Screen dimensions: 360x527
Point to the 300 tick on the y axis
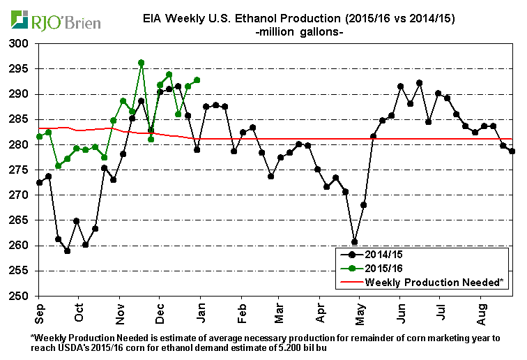[24, 44]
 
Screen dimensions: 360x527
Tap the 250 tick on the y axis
[24, 296]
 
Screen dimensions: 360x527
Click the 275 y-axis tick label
[24, 170]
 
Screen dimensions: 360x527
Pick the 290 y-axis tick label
[24, 94]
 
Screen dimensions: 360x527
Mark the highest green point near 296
[142, 63]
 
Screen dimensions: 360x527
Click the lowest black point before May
[354, 242]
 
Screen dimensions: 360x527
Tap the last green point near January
[197, 80]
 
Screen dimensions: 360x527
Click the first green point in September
[40, 137]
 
